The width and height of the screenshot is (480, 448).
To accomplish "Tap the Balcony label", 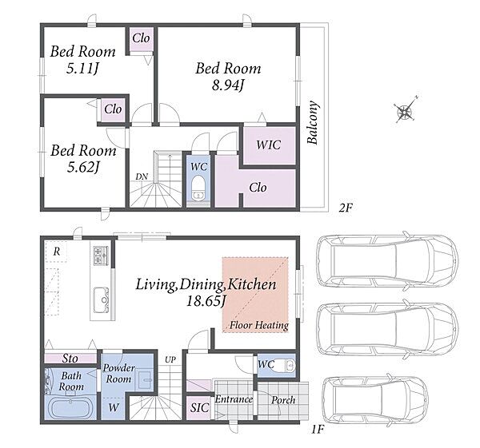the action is point(313,122).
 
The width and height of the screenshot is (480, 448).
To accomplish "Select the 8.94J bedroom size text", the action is point(228,85).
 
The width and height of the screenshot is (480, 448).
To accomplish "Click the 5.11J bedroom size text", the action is point(82,69).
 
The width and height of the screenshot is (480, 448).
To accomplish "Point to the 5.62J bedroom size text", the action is point(83,167).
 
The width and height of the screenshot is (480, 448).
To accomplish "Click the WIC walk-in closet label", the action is point(269,145).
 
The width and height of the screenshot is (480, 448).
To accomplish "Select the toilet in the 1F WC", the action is point(286,365).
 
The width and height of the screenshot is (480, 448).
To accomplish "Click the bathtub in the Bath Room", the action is point(70,409).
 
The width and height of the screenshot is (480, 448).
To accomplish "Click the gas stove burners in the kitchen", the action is point(101,256).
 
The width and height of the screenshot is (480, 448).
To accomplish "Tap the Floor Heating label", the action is point(259,325).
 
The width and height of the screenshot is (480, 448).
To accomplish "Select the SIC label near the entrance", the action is point(199,408).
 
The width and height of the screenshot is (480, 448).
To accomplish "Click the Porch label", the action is point(283,400).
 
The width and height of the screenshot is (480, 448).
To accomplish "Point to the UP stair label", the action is point(170,360).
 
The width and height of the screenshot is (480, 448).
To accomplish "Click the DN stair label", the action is point(142,176).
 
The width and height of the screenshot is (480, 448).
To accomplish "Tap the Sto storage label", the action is point(70,359).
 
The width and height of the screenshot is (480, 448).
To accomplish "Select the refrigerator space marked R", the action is point(56,252).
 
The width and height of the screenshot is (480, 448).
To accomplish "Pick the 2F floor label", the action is point(346,208).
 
